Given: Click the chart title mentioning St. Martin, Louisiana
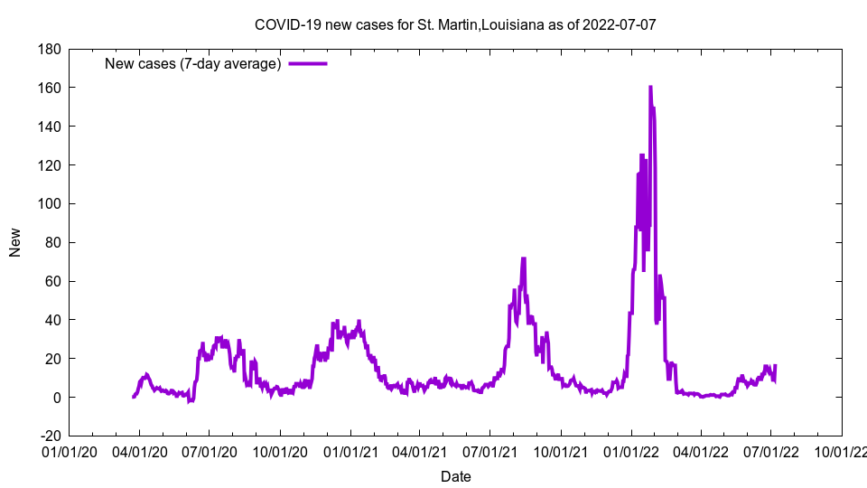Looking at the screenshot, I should pos(455,24).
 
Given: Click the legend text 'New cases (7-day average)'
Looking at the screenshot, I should pos(193,63).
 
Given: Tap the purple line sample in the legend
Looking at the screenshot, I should pos(308,63).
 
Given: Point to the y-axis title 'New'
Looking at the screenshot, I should pos(15,242).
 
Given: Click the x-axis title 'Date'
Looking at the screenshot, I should pos(455,476).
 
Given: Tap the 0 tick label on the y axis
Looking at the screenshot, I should pos(56,398).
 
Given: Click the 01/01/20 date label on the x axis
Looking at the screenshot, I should pos(69,450).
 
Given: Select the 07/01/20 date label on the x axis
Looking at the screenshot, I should pos(210,450).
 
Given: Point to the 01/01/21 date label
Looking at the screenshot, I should pos(350,450).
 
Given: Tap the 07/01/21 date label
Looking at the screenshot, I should pos(490,450).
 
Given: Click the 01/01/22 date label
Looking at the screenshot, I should pos(631,450).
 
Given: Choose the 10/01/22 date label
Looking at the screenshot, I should pos(842,450).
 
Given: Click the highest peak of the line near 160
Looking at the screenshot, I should pos(650,88).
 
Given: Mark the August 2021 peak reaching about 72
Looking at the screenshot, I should pos(523,258).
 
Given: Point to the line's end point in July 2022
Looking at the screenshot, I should pos(775,366).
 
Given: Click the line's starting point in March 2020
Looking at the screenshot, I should pos(134,397).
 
